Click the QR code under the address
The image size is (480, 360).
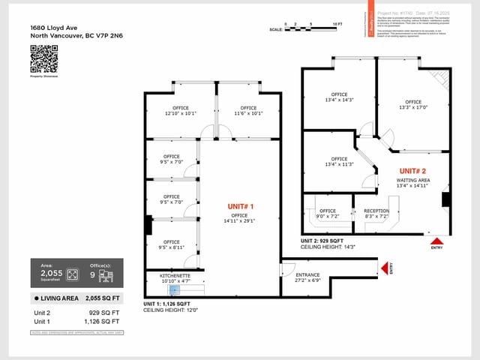coord(43,59)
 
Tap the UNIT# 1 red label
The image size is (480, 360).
coord(240,205)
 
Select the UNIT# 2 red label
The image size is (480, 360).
coord(412,171)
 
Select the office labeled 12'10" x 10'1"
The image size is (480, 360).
coord(180,111)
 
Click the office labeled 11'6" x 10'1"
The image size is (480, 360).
coord(248,111)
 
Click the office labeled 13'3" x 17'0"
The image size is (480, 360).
coord(413,104)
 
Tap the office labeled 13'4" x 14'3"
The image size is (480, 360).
coord(339,97)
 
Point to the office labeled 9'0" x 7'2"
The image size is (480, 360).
coord(328,214)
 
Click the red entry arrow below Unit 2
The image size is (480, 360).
coord(436,242)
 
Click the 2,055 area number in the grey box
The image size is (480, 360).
coord(51,274)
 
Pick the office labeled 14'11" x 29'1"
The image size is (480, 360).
coord(240,218)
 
